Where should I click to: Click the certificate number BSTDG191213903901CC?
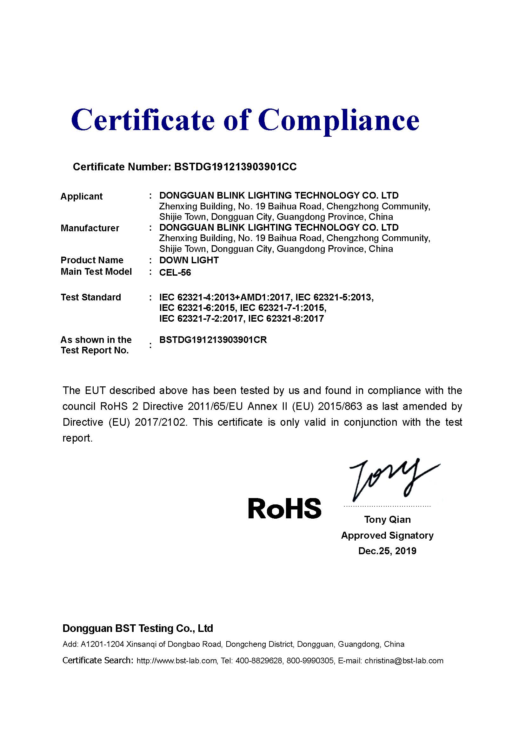click(x=235, y=167)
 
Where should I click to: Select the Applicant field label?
click(x=82, y=196)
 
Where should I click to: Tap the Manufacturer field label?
click(x=90, y=228)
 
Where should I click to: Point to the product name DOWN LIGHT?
click(x=189, y=260)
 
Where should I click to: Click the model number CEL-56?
click(x=175, y=273)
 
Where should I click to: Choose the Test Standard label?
click(x=91, y=297)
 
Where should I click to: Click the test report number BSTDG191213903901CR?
click(x=213, y=340)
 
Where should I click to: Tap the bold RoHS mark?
click(x=284, y=508)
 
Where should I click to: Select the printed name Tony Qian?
click(x=387, y=520)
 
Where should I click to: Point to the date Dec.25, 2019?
click(x=387, y=551)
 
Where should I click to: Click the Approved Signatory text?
click(x=387, y=535)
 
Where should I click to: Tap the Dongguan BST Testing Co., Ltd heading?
click(x=138, y=628)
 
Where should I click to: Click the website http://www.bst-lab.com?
click(x=176, y=661)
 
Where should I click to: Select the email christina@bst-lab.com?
click(x=404, y=661)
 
